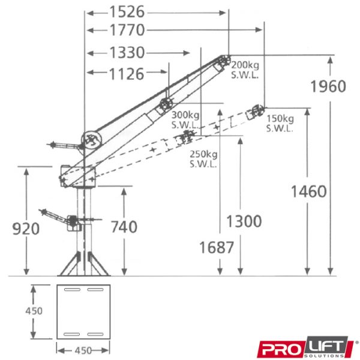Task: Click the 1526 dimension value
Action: pos(127,12)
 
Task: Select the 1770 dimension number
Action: pos(127,30)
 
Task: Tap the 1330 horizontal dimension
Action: pos(127,53)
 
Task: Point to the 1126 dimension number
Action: pos(127,74)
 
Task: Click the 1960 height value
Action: pos(328,86)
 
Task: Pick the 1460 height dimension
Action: pos(309,191)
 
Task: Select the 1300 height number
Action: pos(244,221)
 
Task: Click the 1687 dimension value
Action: pos(217,247)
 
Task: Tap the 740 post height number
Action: pos(124,227)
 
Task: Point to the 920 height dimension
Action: pos(26,229)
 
